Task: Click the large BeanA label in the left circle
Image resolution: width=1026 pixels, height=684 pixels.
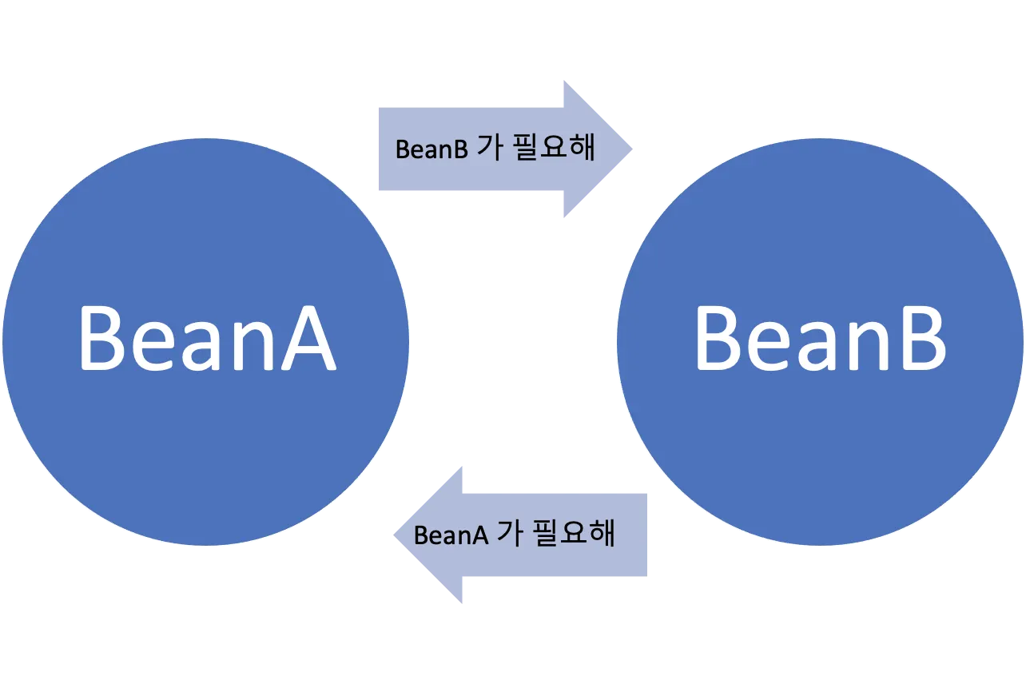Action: (206, 340)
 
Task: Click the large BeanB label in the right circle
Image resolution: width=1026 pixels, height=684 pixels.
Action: (821, 340)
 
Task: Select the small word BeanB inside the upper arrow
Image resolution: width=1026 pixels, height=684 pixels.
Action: (431, 149)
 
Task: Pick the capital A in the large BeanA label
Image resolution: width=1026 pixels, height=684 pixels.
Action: (304, 340)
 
